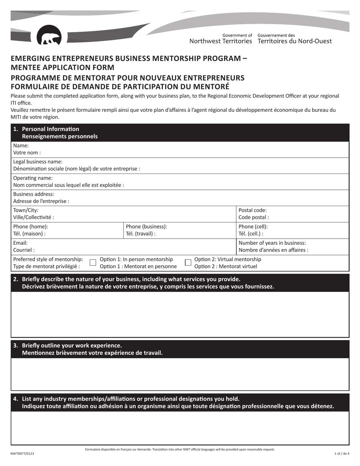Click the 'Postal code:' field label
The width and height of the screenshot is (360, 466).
[253, 210]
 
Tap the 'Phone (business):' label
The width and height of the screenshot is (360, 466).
[146, 227]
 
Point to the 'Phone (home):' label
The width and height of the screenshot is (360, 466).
[31, 227]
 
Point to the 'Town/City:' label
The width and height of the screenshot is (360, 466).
[26, 210]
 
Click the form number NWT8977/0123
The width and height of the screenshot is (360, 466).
[25, 453]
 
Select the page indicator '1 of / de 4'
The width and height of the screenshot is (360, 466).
[342, 453]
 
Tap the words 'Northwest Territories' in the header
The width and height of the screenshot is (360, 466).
[221, 41]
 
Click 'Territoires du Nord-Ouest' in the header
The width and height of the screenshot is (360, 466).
[294, 41]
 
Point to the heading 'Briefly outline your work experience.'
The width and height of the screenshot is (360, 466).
[72, 346]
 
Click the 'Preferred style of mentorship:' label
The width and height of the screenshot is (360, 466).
[48, 259]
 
